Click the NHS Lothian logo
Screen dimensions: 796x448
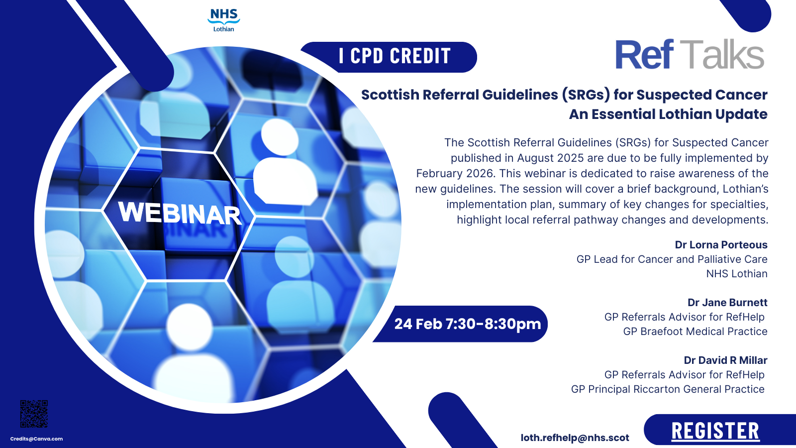223,20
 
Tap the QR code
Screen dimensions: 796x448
34,414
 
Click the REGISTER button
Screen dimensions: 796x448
716,431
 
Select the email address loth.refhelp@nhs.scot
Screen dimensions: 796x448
575,438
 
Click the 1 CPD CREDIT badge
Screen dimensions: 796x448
389,57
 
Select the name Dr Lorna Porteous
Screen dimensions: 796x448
721,244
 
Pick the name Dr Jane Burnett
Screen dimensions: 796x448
727,302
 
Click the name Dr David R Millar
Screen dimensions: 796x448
726,360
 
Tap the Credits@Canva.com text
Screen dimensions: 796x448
37,439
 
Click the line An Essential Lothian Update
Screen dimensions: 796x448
668,114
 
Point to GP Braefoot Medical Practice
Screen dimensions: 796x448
696,332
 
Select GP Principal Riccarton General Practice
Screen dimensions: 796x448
668,389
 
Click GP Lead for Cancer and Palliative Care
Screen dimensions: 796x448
672,259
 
